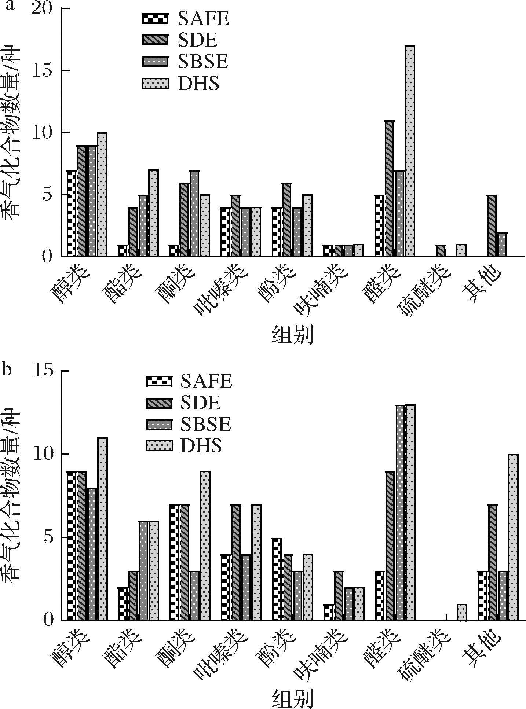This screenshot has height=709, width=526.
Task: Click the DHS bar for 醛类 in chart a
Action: (x=410, y=151)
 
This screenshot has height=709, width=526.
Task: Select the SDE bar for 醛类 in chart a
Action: (x=389, y=188)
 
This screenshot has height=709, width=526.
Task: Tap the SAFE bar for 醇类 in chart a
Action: (x=72, y=213)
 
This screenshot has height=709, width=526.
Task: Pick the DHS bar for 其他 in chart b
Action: (x=513, y=537)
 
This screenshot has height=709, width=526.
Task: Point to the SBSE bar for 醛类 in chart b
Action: (x=400, y=513)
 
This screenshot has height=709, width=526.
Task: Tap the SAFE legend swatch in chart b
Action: (x=159, y=381)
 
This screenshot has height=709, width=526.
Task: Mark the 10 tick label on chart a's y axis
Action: (x=42, y=132)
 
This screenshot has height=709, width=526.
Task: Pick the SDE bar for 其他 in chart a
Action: (x=492, y=226)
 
